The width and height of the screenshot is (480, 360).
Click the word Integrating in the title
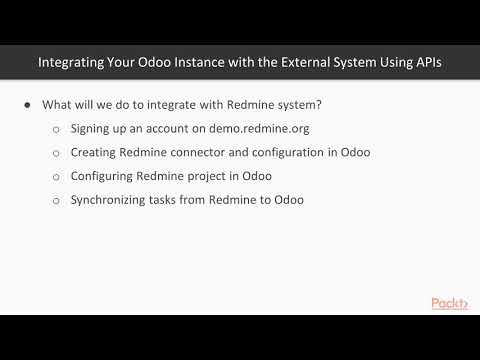tap(73, 62)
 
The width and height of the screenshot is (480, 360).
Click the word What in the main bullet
tap(59, 106)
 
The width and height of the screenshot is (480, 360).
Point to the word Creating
tap(95, 153)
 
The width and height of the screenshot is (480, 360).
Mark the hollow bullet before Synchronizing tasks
tap(56, 200)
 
